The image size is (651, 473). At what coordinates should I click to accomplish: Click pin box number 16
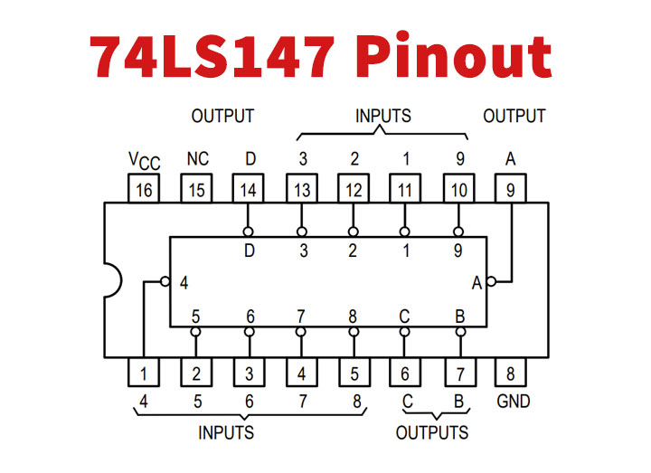tap(144, 189)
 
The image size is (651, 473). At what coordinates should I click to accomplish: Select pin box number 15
tap(196, 189)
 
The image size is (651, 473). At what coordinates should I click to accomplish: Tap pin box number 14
tap(249, 189)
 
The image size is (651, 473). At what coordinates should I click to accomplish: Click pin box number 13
tap(301, 189)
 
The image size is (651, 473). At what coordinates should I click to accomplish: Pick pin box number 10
tap(458, 189)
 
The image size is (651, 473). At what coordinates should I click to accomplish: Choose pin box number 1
tap(144, 373)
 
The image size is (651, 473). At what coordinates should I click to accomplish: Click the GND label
tap(512, 401)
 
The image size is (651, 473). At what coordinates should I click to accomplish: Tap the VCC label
tap(144, 160)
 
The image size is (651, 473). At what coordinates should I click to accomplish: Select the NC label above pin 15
tap(197, 159)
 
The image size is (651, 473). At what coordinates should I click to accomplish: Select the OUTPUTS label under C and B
tap(432, 432)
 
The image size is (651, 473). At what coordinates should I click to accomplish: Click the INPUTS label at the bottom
tap(226, 432)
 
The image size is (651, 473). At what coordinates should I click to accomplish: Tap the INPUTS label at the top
tap(382, 116)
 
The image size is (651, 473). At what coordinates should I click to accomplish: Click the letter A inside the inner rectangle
tap(476, 282)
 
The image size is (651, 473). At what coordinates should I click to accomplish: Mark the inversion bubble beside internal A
tap(491, 281)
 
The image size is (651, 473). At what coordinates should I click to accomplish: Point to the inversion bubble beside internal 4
tap(165, 281)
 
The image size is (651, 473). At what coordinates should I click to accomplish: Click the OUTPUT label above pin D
tap(222, 116)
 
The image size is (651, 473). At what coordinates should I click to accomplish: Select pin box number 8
tap(511, 373)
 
